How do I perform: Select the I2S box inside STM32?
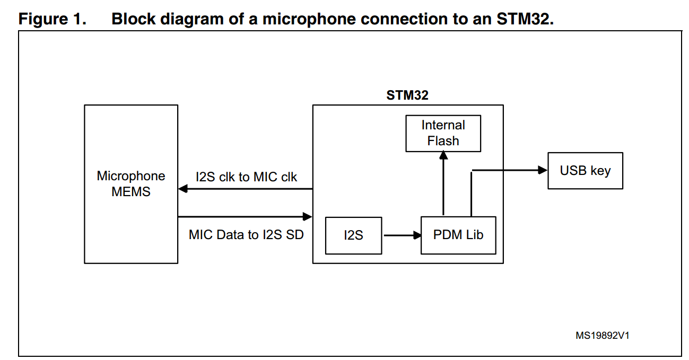coord(353,235)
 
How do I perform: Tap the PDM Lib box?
coord(458,235)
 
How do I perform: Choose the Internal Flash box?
coord(443,133)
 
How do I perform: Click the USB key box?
coord(585,171)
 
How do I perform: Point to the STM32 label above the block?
coord(407,95)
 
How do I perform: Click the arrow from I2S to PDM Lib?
coord(401,235)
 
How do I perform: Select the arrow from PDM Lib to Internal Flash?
coord(443,183)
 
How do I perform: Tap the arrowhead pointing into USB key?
coord(543,170)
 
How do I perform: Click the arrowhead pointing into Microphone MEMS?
coord(183,189)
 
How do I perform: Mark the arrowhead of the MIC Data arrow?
coord(307,216)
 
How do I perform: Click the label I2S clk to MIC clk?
coord(246,177)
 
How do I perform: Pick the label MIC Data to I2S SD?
coord(246,234)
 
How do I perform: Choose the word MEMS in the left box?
coord(131,192)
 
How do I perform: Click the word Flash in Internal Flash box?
coord(443,141)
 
